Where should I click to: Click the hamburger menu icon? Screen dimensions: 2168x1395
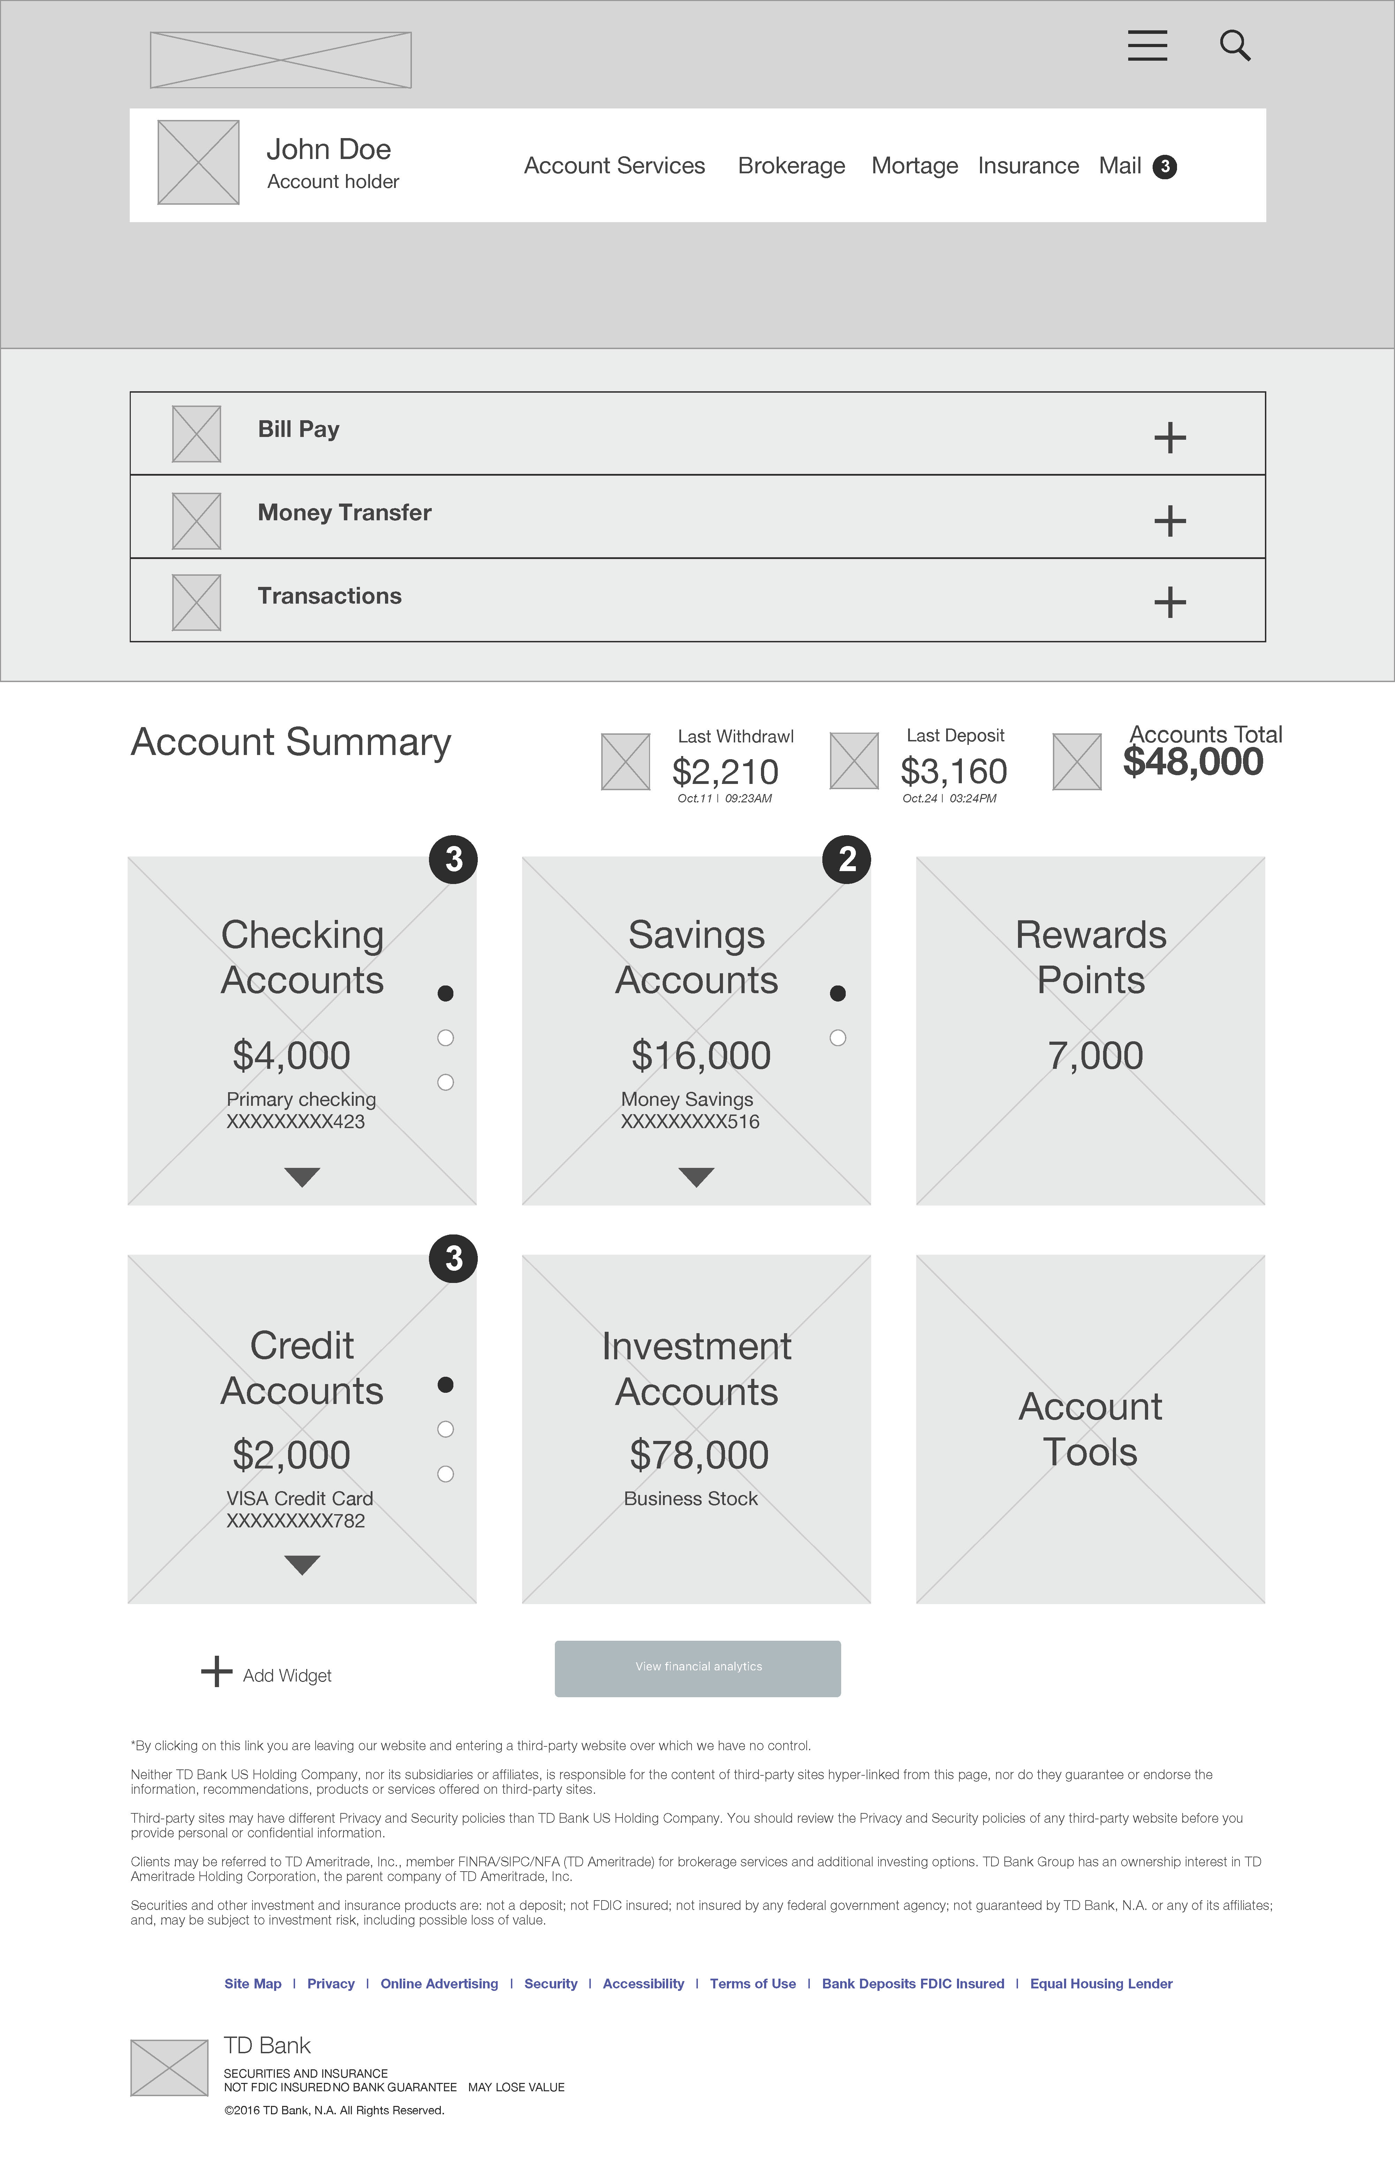click(1147, 45)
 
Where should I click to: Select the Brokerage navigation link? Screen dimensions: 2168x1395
click(791, 166)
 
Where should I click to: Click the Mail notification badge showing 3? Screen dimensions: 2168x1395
click(1165, 167)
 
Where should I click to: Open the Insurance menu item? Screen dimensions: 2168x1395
click(1028, 166)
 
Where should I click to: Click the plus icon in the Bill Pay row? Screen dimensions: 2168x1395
click(1169, 438)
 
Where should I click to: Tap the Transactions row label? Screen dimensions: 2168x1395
click(330, 596)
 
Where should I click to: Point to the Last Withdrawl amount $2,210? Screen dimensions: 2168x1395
click(725, 772)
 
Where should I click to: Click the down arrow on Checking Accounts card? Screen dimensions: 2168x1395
click(302, 1176)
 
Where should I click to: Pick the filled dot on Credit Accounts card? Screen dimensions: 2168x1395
click(445, 1385)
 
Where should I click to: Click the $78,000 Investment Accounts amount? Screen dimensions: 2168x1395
click(699, 1455)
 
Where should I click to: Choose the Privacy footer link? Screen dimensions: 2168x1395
click(331, 1983)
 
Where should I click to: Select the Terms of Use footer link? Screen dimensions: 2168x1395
click(753, 1983)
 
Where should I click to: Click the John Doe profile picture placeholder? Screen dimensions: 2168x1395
click(198, 162)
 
